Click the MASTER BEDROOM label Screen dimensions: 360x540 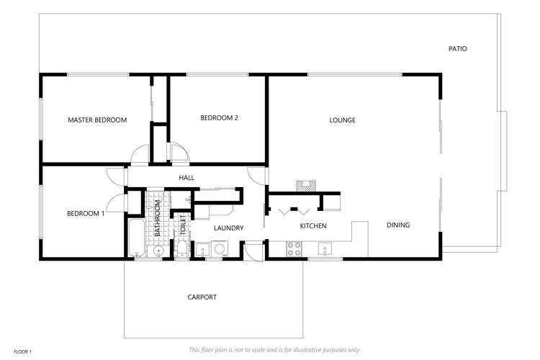tap(97, 120)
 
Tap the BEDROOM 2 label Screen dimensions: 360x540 tap(219, 118)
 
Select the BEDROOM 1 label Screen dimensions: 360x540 tap(86, 213)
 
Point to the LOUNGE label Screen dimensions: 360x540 tap(342, 120)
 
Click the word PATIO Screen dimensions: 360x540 tap(457, 49)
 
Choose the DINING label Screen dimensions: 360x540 tap(398, 225)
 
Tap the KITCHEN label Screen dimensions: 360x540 tap(313, 226)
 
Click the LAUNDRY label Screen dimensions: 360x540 tap(228, 228)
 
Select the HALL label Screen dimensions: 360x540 tap(186, 178)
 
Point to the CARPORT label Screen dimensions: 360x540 tap(202, 297)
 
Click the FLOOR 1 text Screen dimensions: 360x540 tap(22, 351)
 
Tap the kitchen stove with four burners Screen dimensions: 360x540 tap(294, 248)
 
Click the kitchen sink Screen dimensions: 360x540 tap(328, 250)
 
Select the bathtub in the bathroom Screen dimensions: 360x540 tap(136, 238)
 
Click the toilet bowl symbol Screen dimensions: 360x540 tap(183, 249)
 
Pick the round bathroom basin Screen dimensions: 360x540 tap(158, 250)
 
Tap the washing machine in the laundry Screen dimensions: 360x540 tap(219, 249)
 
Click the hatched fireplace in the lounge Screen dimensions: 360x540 tap(307, 184)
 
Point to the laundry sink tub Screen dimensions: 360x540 tap(202, 250)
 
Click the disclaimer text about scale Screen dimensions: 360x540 tap(274, 350)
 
